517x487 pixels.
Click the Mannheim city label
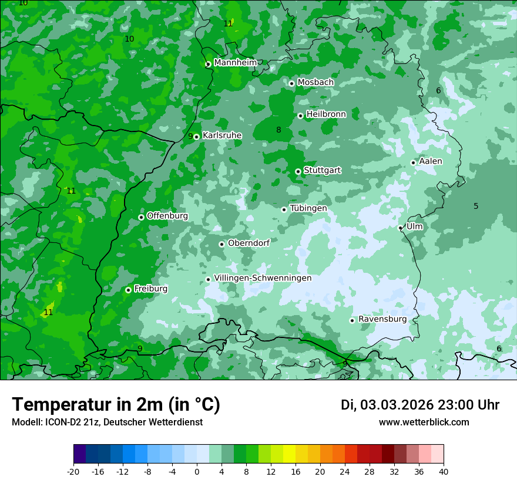(236, 63)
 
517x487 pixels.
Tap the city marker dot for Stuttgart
(298, 171)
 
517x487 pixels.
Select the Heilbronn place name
(326, 114)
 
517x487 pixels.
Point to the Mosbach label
(315, 83)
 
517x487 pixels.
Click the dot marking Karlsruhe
(197, 137)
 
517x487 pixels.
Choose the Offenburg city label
(167, 216)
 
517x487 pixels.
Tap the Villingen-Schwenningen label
(263, 278)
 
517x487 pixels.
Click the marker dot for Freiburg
(129, 290)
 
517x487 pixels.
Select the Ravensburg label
(382, 319)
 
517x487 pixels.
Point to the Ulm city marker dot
(401, 228)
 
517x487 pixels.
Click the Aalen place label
(431, 161)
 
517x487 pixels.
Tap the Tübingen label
(308, 209)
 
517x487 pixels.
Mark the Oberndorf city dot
(222, 244)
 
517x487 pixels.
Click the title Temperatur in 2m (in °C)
(116, 404)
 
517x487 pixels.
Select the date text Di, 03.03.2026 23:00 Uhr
(420, 405)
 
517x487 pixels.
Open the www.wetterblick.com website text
(424, 422)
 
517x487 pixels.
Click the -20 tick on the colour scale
(73, 472)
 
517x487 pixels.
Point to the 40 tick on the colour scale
(444, 472)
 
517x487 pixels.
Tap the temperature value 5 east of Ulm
(476, 206)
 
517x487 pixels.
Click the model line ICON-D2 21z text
(107, 422)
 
